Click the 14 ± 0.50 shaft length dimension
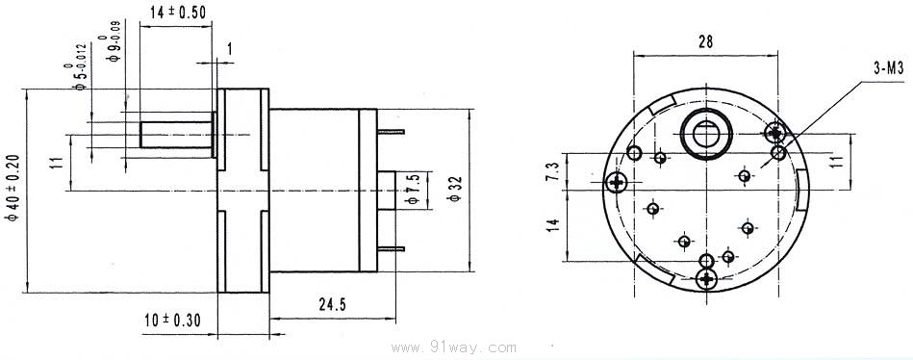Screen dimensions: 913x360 click(x=178, y=13)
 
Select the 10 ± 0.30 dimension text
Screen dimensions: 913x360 click(x=172, y=320)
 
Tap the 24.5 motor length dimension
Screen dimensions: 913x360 click(x=333, y=304)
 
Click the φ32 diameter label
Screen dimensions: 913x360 click(x=456, y=189)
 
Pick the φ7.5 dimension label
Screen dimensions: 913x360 click(x=414, y=190)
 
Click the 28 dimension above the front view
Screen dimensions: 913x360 click(x=705, y=41)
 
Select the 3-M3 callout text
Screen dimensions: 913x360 click(x=888, y=68)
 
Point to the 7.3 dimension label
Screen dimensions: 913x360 click(x=553, y=172)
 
